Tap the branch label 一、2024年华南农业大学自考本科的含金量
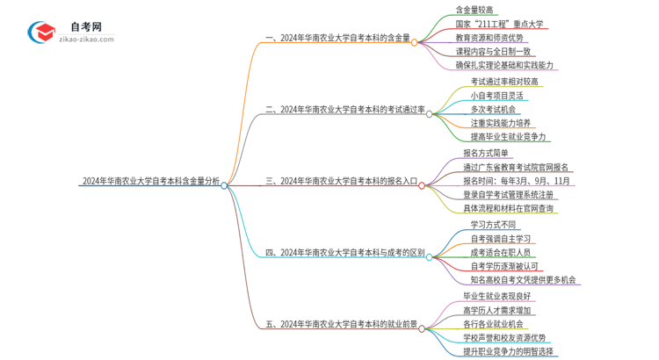click(x=337, y=40)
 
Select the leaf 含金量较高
click(x=476, y=11)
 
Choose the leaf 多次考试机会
click(x=493, y=110)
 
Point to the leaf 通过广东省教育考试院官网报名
click(x=515, y=167)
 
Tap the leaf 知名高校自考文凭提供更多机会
click(x=522, y=280)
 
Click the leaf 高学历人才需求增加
click(x=496, y=310)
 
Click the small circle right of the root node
click(x=225, y=186)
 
